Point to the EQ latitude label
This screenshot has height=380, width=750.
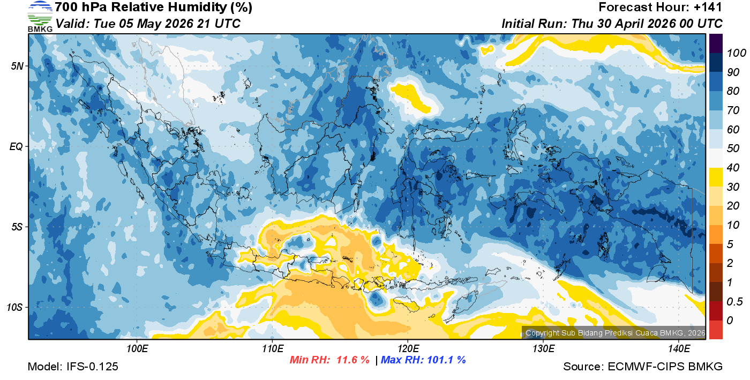[x=17, y=146]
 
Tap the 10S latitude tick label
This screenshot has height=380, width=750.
[x=15, y=307]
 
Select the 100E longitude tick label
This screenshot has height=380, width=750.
[x=137, y=349]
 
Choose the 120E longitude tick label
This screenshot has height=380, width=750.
[x=408, y=349]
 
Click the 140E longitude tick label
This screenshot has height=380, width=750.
[x=679, y=349]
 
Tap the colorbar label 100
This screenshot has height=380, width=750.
[x=732, y=53]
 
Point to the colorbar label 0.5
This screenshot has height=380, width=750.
[x=732, y=301]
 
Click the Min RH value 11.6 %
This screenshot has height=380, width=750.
[x=352, y=360]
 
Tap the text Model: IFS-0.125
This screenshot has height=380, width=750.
[x=73, y=367]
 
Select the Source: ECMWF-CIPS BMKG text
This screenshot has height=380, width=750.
[x=643, y=367]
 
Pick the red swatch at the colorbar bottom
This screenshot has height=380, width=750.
[x=716, y=330]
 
